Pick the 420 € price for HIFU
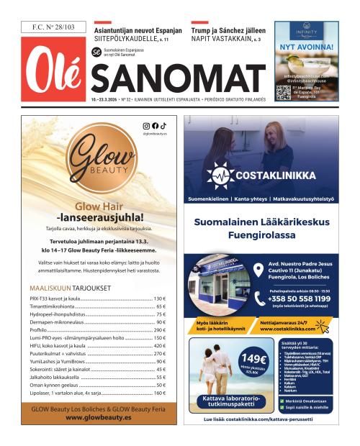160,346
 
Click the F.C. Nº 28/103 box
53,27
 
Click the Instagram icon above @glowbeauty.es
146,126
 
